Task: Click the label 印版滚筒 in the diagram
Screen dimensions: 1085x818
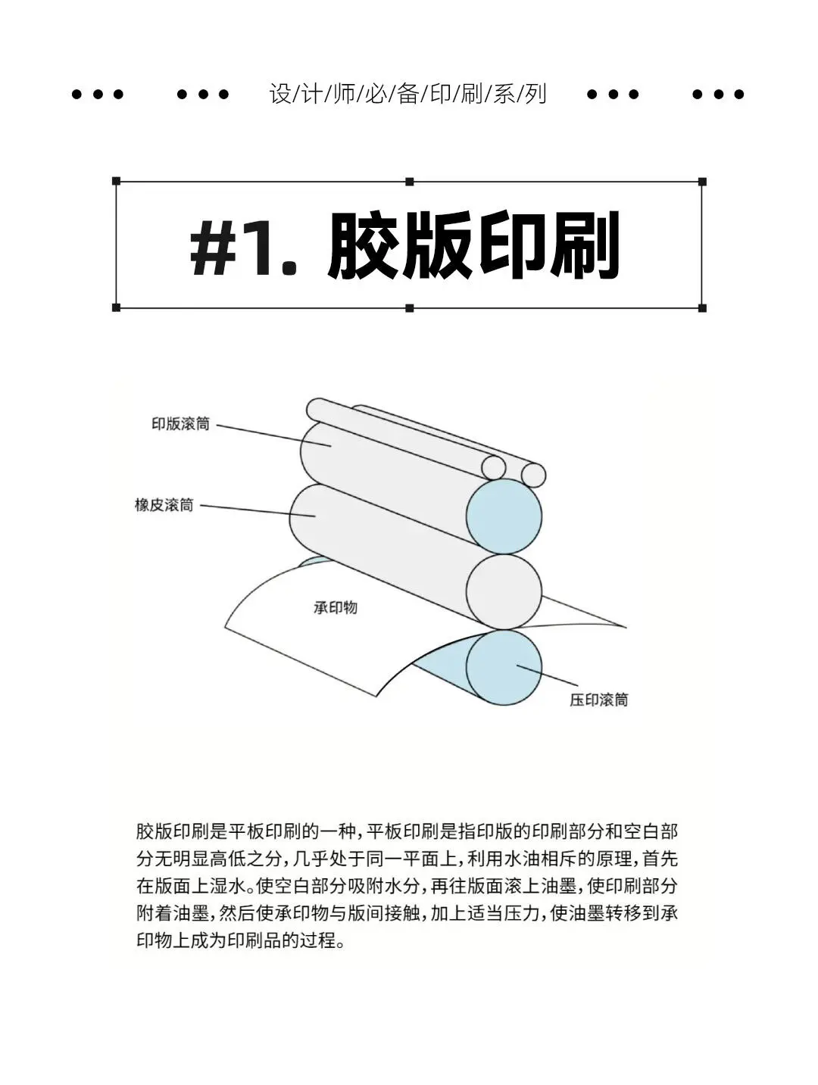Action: pos(180,424)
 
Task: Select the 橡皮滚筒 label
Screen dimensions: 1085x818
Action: pos(164,505)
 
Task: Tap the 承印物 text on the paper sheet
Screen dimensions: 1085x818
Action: pos(336,607)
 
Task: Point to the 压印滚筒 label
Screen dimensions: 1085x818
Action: pos(599,700)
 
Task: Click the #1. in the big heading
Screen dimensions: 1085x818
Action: pos(243,246)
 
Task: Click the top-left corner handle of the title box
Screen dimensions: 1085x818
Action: pos(116,182)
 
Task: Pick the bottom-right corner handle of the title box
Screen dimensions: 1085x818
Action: pos(702,308)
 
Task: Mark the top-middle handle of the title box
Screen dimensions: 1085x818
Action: pos(410,182)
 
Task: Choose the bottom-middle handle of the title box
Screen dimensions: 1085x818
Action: pos(410,308)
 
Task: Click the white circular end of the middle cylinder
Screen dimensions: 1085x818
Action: pos(504,592)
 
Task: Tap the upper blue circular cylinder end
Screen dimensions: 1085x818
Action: pos(504,517)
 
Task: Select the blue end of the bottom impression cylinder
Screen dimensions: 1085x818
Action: pos(504,668)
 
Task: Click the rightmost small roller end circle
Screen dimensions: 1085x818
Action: pos(533,475)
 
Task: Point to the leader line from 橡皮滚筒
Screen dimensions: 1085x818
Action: pos(258,510)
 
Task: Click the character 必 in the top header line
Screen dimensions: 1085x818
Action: pos(376,94)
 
